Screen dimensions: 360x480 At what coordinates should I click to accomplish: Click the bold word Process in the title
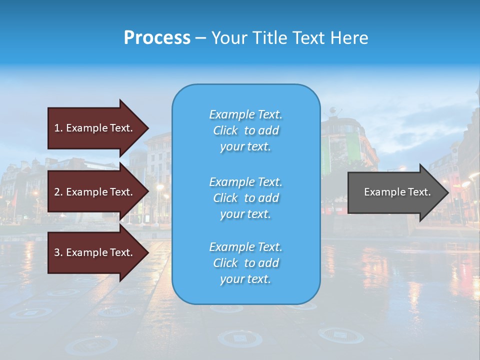[157, 38]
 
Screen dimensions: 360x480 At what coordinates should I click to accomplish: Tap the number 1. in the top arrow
[58, 128]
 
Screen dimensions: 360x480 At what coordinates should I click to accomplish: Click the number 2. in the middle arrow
[58, 192]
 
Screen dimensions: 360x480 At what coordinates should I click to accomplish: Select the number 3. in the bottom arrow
[58, 252]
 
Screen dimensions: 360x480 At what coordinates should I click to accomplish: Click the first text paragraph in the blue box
[245, 130]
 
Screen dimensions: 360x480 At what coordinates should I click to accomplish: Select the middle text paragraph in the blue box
[245, 198]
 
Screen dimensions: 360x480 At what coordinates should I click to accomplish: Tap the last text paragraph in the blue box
[245, 263]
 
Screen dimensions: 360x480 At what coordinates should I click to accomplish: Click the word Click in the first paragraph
[225, 130]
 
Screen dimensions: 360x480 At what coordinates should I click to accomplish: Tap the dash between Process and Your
[200, 38]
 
